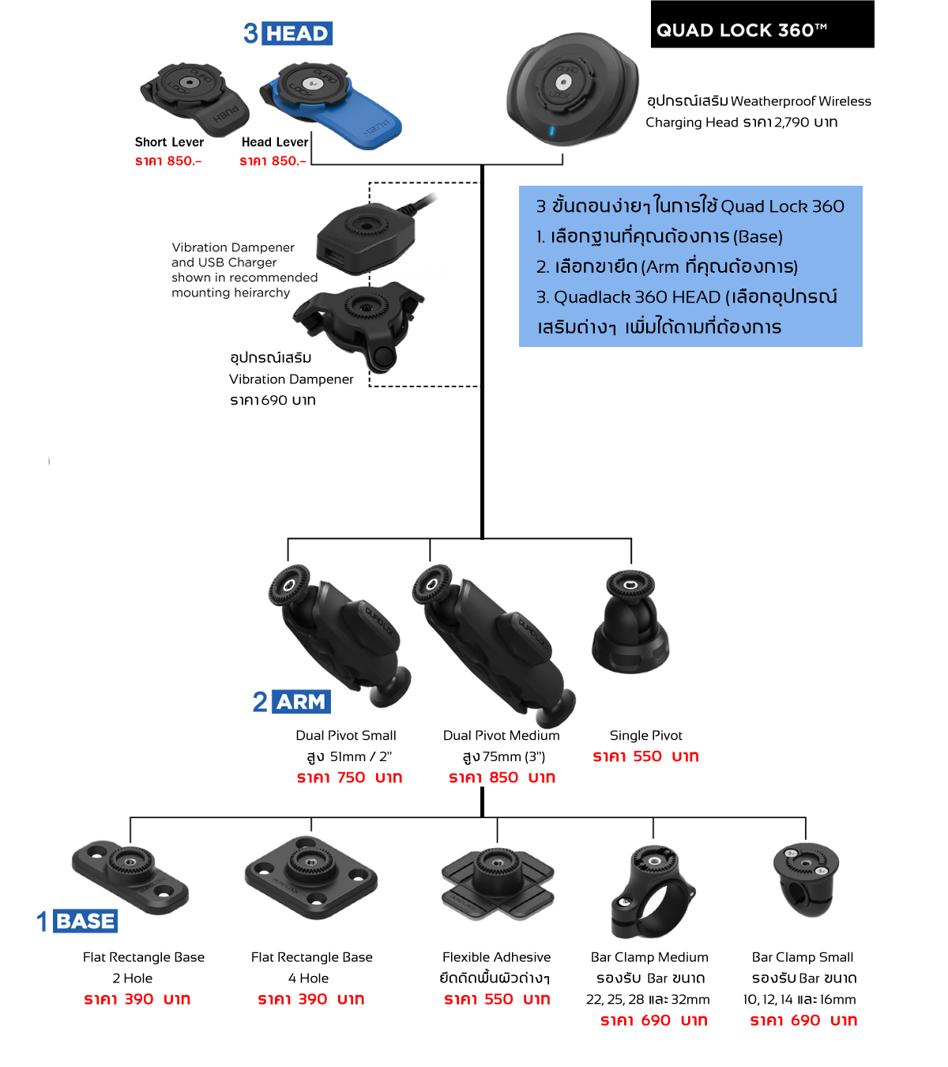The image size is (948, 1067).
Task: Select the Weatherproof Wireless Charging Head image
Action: click(570, 88)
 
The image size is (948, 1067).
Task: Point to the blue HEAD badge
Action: click(297, 33)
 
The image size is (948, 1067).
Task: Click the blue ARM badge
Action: click(301, 702)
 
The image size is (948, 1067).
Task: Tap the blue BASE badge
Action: click(85, 921)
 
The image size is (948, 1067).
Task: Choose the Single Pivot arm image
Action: click(630, 622)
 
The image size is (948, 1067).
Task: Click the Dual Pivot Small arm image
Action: click(342, 632)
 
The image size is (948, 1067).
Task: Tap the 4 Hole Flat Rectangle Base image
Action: click(310, 876)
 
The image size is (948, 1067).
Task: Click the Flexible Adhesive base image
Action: click(497, 884)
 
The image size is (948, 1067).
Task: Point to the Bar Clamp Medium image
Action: click(652, 891)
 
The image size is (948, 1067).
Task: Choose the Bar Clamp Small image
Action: click(806, 879)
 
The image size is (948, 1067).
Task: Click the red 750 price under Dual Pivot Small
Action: click(351, 778)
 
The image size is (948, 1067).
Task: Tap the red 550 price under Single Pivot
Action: click(647, 756)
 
